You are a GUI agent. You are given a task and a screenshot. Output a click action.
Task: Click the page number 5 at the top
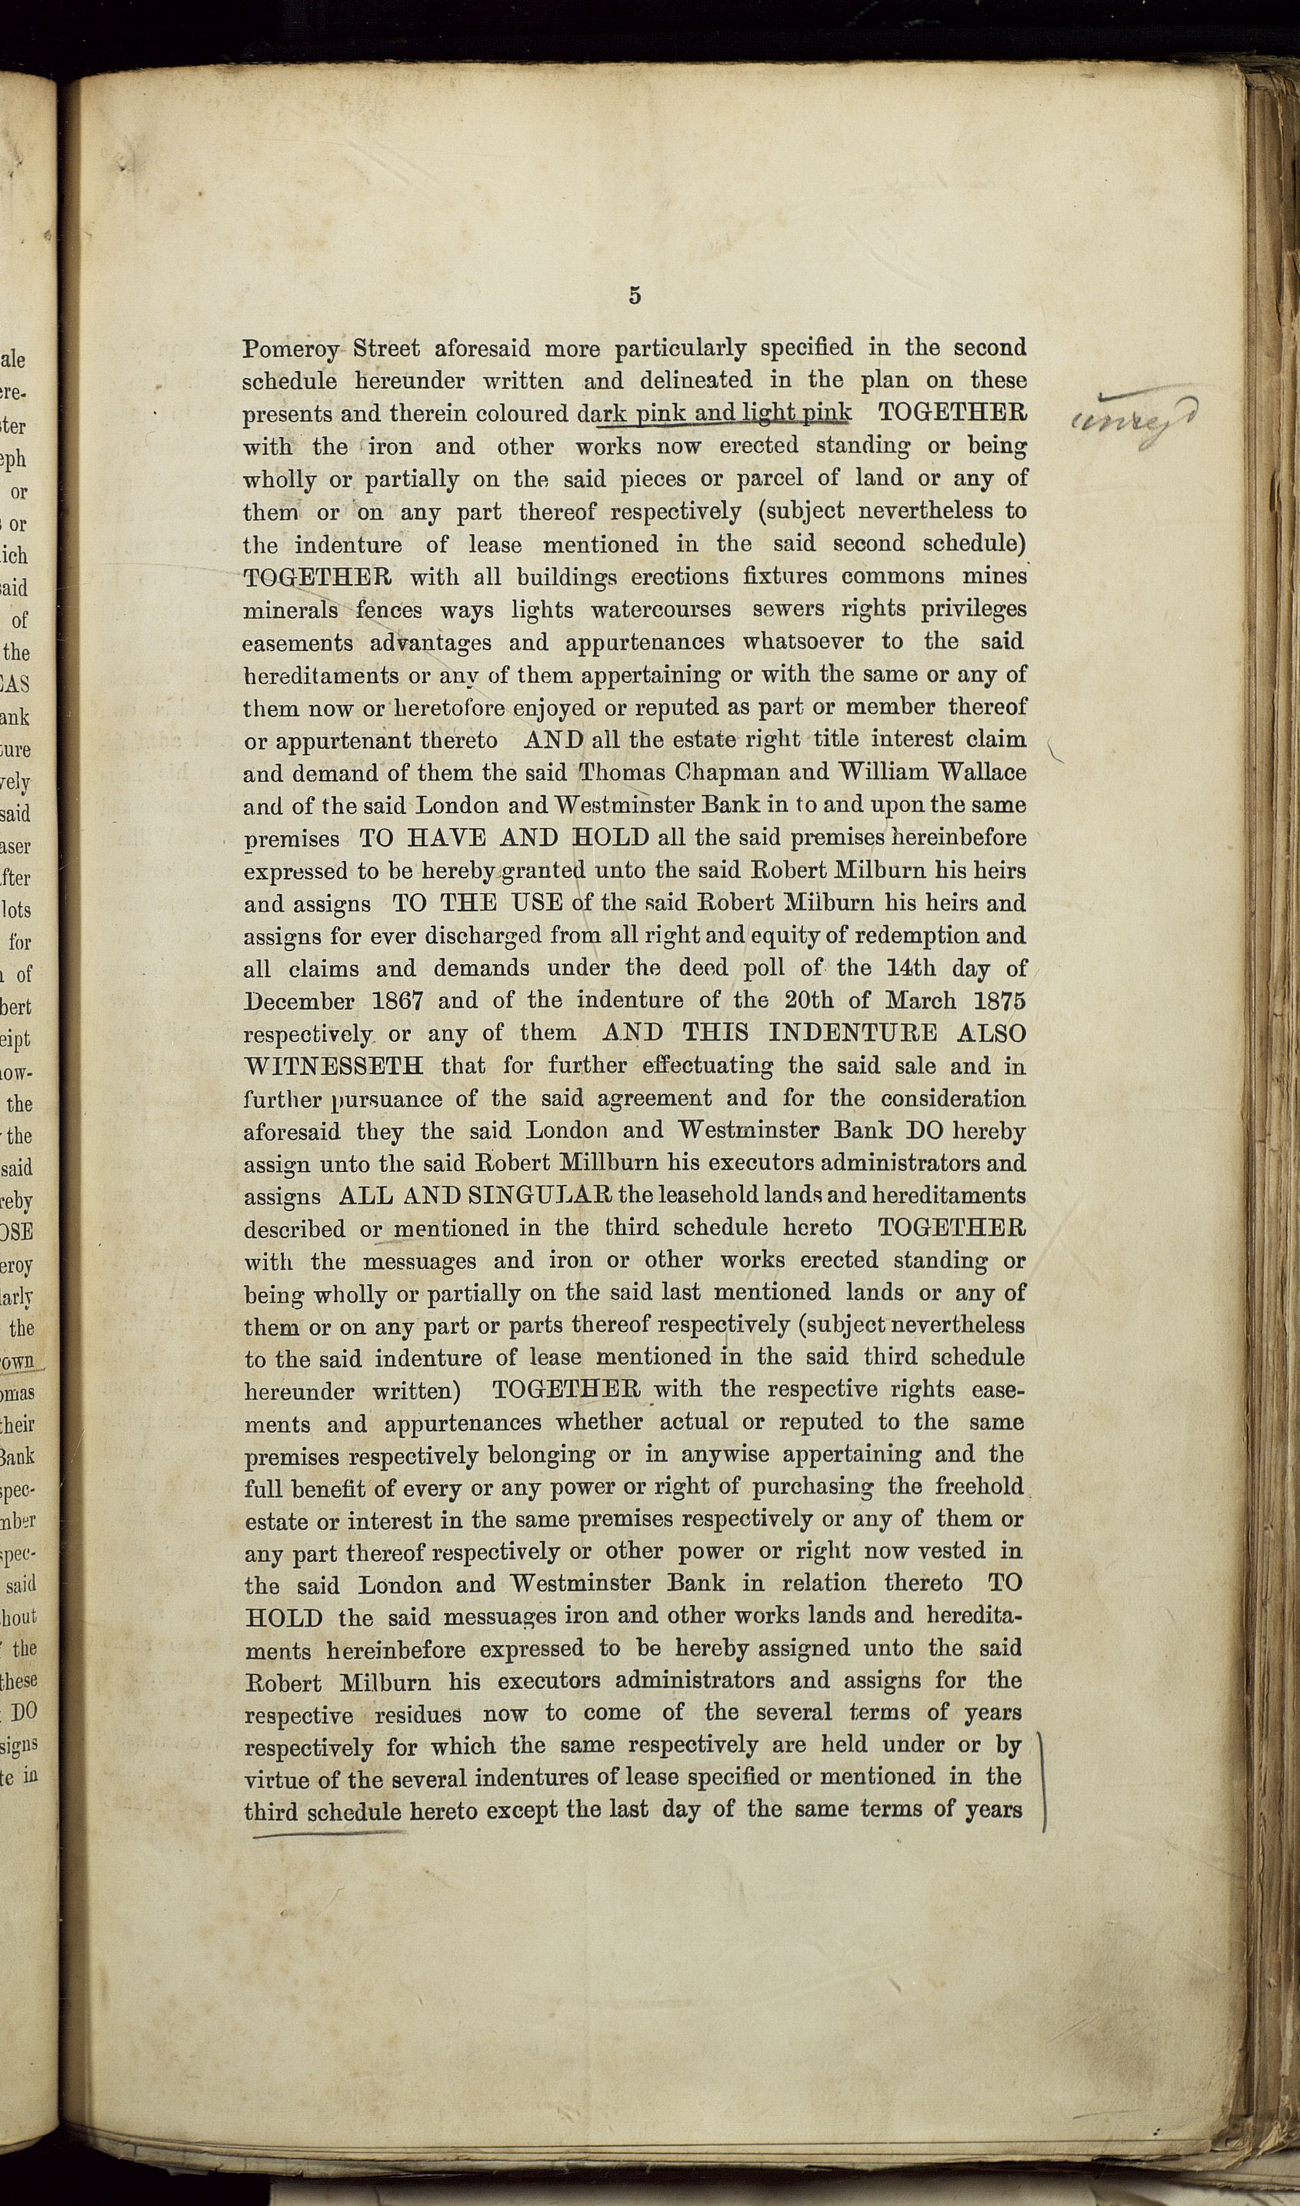[x=635, y=295]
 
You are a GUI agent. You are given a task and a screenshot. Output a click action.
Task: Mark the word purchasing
[x=814, y=1487]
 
